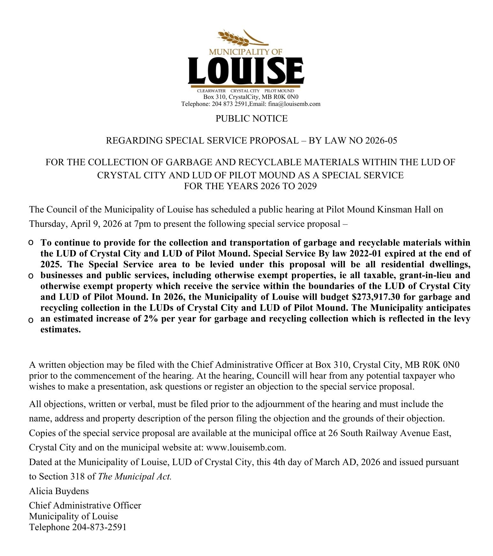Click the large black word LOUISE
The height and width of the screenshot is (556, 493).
[246, 70]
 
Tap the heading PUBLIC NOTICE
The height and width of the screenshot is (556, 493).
[251, 119]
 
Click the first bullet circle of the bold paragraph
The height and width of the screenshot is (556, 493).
[31, 243]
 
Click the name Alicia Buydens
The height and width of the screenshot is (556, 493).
[59, 491]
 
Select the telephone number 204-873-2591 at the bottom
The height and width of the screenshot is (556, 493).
[99, 527]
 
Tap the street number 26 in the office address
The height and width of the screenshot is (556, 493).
[333, 433]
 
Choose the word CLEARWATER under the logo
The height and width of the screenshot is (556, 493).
[211, 91]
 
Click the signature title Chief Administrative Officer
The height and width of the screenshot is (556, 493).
[85, 506]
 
